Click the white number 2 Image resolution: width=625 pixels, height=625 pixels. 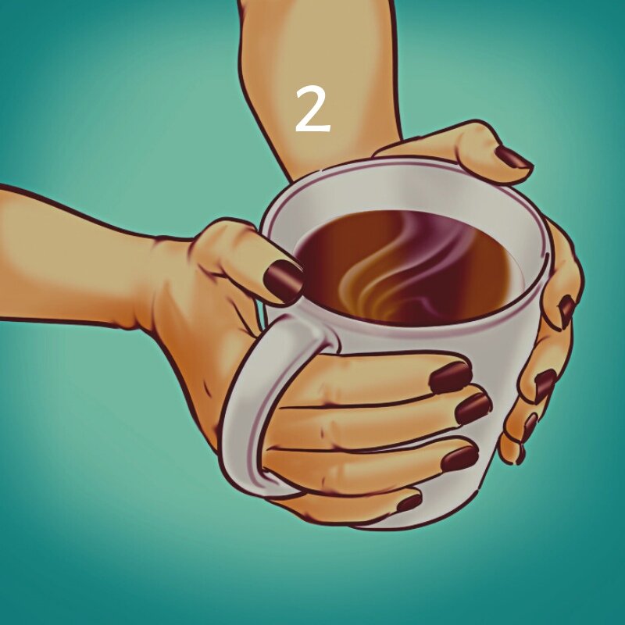point(312,109)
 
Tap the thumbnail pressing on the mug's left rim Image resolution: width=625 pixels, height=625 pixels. point(283,281)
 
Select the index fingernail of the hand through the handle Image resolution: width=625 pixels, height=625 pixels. point(450,377)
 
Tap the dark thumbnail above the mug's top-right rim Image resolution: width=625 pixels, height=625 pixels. point(513,158)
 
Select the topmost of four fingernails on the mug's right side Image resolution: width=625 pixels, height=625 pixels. point(566,310)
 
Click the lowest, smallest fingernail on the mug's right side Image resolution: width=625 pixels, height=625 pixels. point(520,453)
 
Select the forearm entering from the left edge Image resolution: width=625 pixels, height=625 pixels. point(70,250)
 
